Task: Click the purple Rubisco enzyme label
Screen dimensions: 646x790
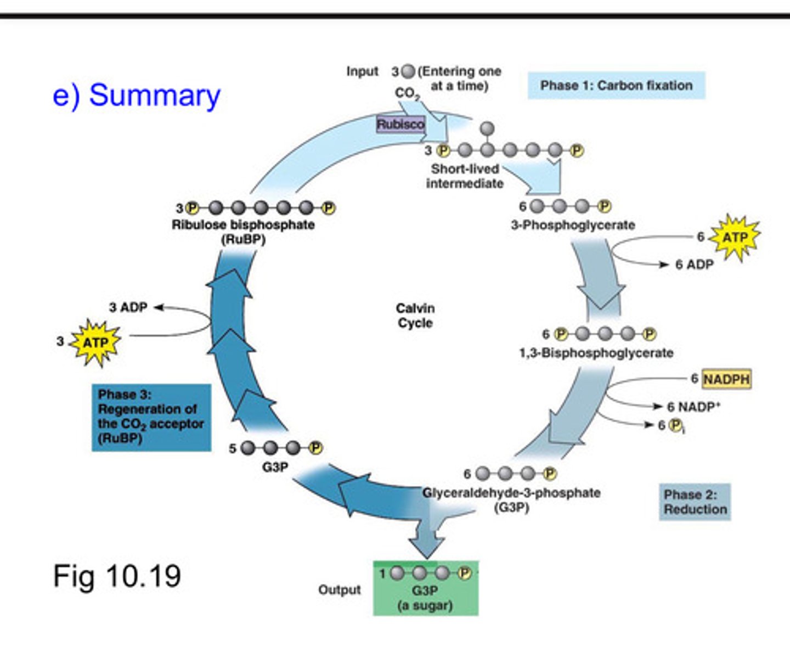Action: (x=400, y=124)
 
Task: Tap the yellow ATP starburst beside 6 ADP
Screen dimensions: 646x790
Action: (x=735, y=237)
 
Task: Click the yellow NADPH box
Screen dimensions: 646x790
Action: (x=726, y=379)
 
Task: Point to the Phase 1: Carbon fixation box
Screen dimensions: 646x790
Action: (x=616, y=86)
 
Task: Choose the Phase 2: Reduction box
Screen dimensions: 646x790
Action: (x=695, y=502)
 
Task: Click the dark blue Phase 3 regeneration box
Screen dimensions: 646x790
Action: (x=151, y=417)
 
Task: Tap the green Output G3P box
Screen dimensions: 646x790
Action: (x=426, y=588)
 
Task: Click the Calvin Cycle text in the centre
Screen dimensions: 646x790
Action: (x=415, y=316)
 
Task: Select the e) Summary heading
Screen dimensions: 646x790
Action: (x=136, y=96)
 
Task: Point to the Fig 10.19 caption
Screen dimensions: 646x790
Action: (x=117, y=576)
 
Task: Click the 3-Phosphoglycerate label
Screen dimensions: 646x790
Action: (x=573, y=225)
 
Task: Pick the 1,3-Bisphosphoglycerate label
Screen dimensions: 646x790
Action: (x=596, y=353)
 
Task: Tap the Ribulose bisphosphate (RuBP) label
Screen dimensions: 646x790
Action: (x=243, y=232)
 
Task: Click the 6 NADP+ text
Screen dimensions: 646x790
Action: (x=693, y=407)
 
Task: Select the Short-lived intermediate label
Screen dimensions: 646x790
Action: (x=465, y=176)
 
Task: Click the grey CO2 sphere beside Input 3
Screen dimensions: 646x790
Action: (x=408, y=71)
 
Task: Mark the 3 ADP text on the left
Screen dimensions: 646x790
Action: (x=128, y=307)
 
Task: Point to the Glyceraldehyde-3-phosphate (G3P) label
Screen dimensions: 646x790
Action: (x=511, y=499)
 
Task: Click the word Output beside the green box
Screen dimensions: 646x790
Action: (x=340, y=590)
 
